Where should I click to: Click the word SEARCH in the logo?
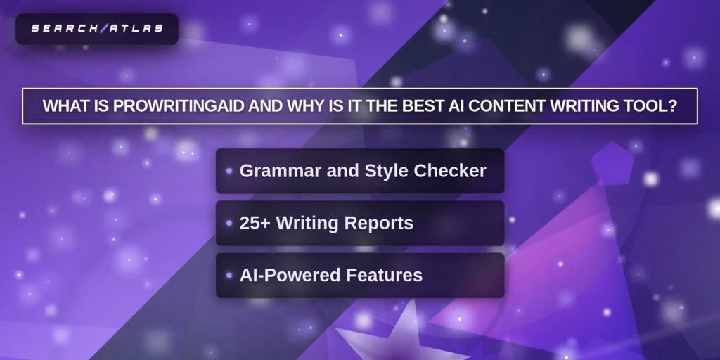(65, 28)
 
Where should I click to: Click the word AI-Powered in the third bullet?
(290, 275)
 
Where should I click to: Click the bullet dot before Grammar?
(229, 172)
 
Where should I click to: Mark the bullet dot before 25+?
(229, 223)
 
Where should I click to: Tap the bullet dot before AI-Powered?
(229, 276)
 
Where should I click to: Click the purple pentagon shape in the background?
(612, 162)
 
